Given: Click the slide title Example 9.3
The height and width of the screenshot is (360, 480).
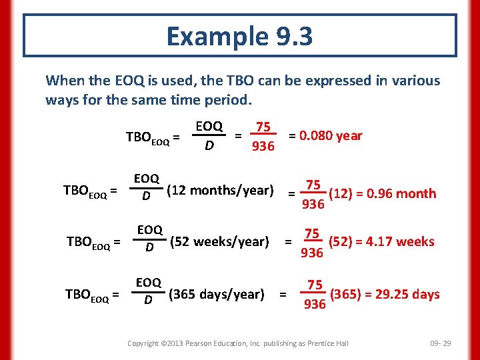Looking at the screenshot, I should click(239, 36).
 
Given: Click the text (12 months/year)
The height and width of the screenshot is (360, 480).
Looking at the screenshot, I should click(221, 191).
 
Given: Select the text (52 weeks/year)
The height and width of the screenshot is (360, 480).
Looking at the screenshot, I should click(220, 241).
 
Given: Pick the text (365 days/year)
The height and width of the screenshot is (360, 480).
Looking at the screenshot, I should click(217, 294).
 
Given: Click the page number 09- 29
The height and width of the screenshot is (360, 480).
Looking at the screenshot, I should click(441, 343).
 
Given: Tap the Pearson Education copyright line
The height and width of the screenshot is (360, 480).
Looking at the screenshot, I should click(238, 343).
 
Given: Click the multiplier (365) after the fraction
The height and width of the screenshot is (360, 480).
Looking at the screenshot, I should click(343, 294).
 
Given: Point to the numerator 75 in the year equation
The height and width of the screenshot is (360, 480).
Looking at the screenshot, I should click(263, 127).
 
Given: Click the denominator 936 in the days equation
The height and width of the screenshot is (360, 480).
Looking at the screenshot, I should click(314, 305).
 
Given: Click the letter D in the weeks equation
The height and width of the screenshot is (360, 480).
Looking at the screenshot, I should click(150, 248).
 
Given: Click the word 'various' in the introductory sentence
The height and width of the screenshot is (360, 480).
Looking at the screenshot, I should click(417, 81).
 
